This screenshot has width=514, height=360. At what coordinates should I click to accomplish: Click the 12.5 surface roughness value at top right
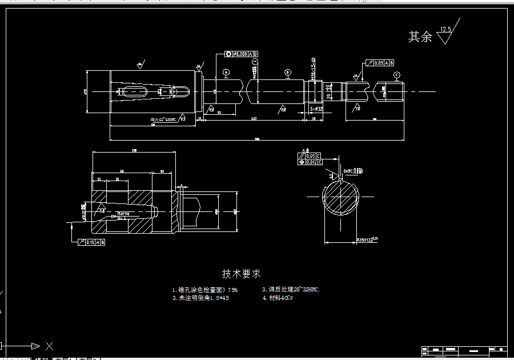coord(445,29)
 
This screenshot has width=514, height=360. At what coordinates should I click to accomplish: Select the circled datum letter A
coord(226,73)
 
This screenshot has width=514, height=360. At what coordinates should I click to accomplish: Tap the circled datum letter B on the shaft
coord(288,73)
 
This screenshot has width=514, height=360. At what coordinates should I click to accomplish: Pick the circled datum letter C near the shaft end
coord(396,75)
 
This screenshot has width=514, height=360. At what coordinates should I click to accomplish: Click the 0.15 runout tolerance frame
coord(91,242)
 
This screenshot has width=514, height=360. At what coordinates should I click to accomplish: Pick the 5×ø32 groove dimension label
coord(316,108)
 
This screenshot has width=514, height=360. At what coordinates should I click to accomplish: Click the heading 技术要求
coord(241,274)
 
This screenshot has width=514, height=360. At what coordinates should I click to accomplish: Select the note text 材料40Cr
coord(278,298)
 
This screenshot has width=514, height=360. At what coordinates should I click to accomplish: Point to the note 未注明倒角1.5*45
coord(200,298)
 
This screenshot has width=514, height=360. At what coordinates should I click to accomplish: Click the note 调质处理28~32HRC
coord(291,290)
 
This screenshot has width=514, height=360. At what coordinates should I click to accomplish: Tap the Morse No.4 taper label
coord(122,215)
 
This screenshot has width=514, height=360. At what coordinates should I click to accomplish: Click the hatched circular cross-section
coord(342,197)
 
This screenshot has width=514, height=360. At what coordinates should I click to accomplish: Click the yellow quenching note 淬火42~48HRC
coord(163,119)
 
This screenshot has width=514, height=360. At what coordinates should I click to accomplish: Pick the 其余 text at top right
coord(420,37)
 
